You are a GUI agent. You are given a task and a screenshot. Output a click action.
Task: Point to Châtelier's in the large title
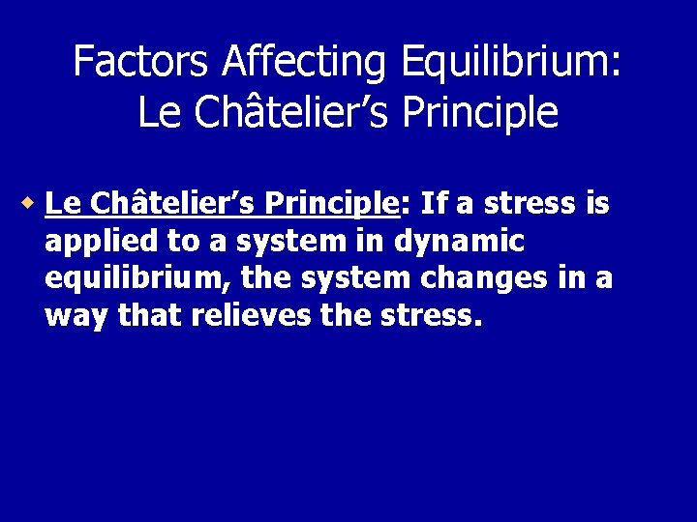tap(289, 112)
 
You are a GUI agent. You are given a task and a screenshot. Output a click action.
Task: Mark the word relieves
tap(250, 316)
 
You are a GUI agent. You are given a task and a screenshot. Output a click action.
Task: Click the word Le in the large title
tap(160, 112)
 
